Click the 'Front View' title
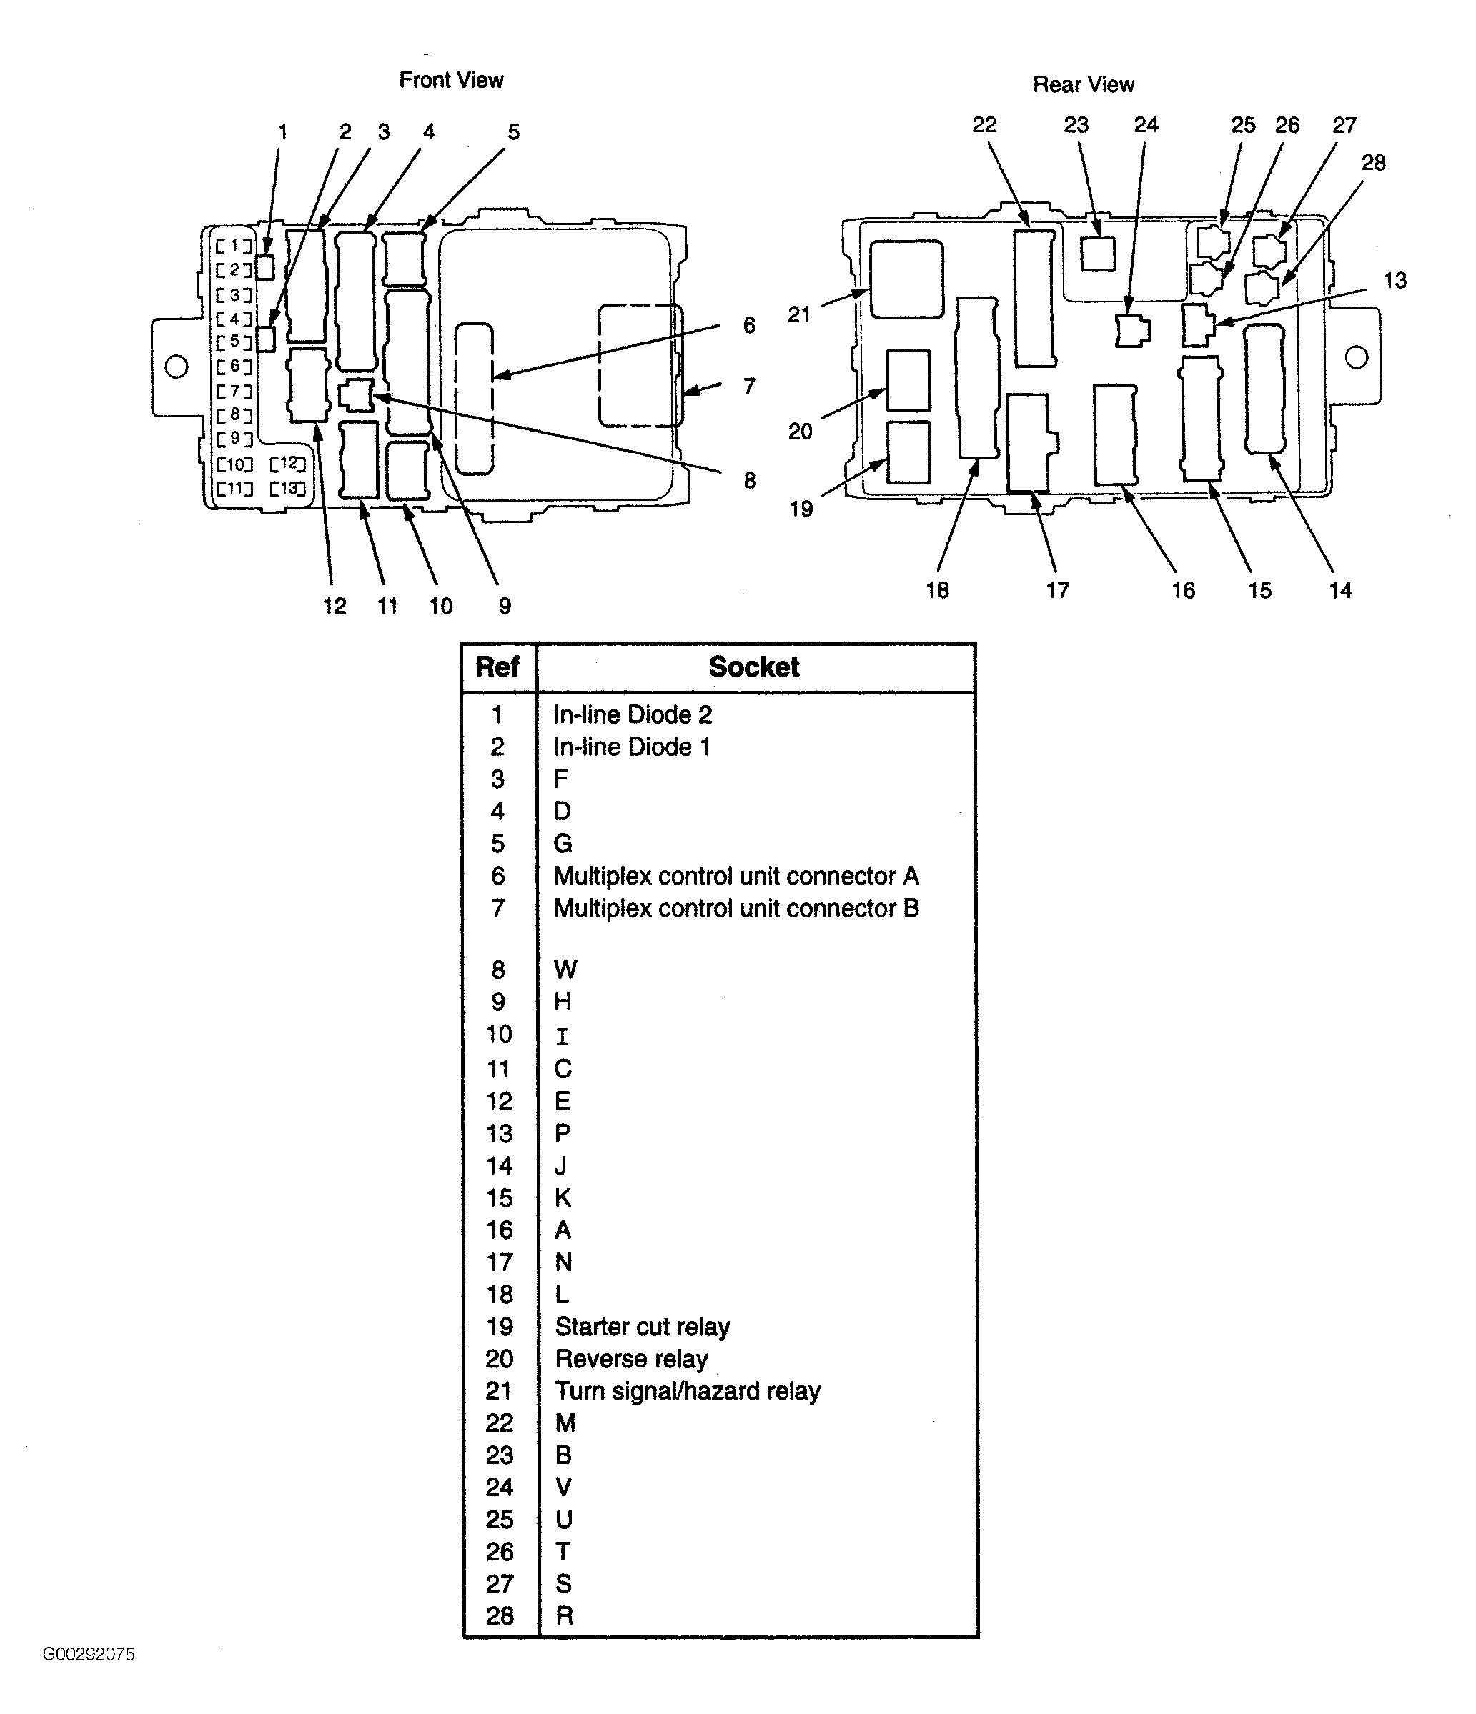pyautogui.click(x=451, y=80)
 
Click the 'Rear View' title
pyautogui.click(x=1083, y=84)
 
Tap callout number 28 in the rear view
pyautogui.click(x=1372, y=163)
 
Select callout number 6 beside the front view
pyautogui.click(x=749, y=325)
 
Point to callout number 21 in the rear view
pyautogui.click(x=798, y=314)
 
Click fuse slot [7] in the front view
pyautogui.click(x=234, y=390)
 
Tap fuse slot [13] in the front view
pyautogui.click(x=288, y=488)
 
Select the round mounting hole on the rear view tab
pyautogui.click(x=1357, y=357)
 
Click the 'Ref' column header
pyautogui.click(x=497, y=667)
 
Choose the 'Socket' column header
pyautogui.click(x=753, y=667)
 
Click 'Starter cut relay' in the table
pyautogui.click(x=642, y=1327)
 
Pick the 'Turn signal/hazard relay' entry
pyautogui.click(x=688, y=1391)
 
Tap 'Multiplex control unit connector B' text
pyautogui.click(x=736, y=908)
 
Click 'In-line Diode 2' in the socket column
pyautogui.click(x=633, y=714)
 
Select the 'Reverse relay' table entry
pyautogui.click(x=631, y=1359)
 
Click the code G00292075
pyautogui.click(x=89, y=1653)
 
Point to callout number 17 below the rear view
pyautogui.click(x=1057, y=590)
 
